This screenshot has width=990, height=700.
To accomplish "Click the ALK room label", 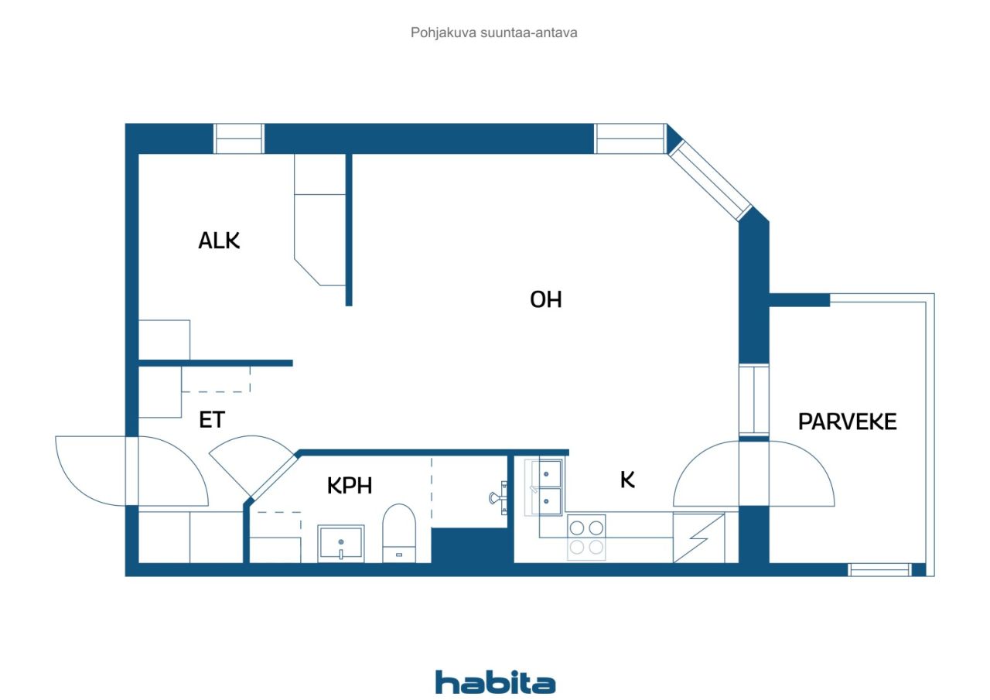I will coord(219,241).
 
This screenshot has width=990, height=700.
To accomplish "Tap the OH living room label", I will coord(545,299).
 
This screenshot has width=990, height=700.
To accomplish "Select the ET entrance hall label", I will coord(211,420).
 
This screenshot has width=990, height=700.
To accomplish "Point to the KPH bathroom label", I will coord(349,486).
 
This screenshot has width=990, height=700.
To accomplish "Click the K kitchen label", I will coord(627,480).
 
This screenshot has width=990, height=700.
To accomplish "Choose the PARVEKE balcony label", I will coord(847,422).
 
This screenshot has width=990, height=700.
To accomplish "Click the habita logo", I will coord(495,682).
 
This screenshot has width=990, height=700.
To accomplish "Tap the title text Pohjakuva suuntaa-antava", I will coord(494,33).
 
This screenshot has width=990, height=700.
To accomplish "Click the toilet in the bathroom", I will coord(399,533).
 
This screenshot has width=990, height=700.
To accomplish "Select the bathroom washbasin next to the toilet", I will coord(340,543).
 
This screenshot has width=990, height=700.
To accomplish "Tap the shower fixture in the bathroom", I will coord(497,497).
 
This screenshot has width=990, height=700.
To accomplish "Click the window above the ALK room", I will coord(239,138).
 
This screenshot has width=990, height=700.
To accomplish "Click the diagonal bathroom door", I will coord(272,476).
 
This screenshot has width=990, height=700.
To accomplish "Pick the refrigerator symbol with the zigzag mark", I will coord(698,537).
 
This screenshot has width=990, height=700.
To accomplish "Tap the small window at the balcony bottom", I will coord(879,570).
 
